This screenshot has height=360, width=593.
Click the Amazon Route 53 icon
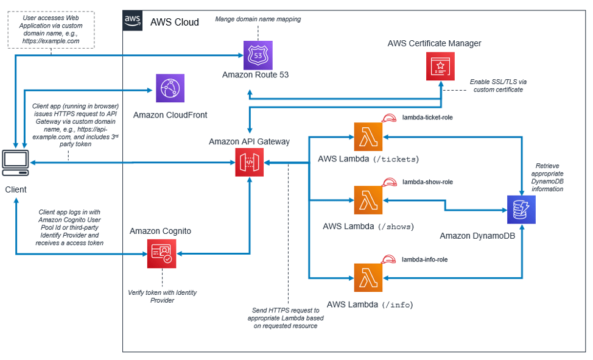258,55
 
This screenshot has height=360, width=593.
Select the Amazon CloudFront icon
170,89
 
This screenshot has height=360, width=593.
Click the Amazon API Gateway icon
249,163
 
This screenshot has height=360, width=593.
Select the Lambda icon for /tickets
368,136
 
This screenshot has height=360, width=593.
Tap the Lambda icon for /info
368,278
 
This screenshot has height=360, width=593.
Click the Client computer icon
16,163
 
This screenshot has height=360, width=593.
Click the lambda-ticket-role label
427,117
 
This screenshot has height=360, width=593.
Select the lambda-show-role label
427,182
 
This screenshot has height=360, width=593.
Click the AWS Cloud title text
174,22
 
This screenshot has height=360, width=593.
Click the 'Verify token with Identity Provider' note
162,296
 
